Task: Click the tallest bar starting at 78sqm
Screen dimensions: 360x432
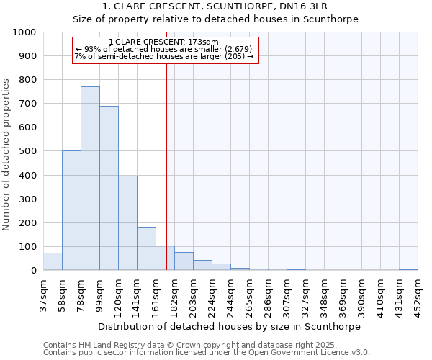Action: pos(90,179)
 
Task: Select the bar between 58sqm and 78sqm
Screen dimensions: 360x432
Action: pos(71,210)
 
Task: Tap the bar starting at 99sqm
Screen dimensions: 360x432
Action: pos(109,188)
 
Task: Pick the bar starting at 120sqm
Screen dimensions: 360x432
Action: pos(127,223)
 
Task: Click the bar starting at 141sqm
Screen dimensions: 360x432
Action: pos(146,248)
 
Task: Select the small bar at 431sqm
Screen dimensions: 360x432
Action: pos(408,269)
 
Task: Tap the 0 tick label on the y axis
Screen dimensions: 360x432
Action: pos(34,271)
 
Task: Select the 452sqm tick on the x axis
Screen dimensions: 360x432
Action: pos(418,294)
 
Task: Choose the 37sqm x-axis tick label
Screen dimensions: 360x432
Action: pos(43,293)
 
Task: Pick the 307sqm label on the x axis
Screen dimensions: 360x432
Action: pos(287,294)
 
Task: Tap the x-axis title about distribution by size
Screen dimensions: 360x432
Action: pos(230,326)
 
